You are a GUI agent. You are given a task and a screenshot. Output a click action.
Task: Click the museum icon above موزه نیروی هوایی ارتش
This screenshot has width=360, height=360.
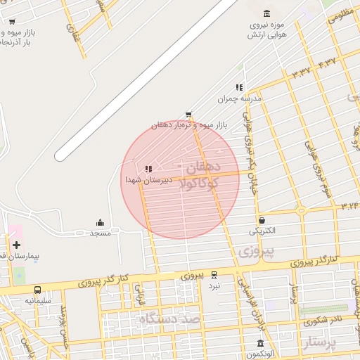click(266, 14)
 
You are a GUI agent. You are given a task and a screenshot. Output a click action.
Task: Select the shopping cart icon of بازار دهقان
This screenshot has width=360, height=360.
click(188, 115)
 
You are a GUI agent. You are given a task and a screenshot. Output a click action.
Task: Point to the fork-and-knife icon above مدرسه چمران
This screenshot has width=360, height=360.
click(239, 87)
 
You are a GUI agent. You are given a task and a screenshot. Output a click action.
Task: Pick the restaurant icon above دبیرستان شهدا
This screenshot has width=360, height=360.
click(147, 169)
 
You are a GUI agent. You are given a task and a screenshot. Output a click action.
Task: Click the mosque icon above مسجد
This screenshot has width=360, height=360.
click(100, 221)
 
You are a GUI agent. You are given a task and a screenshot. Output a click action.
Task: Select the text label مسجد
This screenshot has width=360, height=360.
click(100, 233)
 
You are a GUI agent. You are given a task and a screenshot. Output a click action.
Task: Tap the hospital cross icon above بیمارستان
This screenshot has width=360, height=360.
click(16, 245)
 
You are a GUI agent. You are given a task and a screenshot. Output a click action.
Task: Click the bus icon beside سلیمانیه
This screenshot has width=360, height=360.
click(37, 290)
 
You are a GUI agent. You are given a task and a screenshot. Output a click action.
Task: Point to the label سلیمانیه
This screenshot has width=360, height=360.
click(38, 300)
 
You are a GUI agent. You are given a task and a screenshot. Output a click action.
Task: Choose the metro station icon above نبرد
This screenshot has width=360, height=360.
click(214, 275)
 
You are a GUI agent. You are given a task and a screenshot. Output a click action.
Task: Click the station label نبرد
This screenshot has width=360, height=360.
click(214, 285)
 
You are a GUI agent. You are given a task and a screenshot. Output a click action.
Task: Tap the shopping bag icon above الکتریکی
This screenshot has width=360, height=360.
click(262, 220)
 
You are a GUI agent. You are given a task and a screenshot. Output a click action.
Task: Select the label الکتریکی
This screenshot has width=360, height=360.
click(262, 231)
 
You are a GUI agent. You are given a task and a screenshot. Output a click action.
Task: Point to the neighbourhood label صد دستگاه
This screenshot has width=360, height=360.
click(169, 319)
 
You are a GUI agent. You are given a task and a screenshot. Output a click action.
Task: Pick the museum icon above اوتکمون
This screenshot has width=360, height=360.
click(260, 344)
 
